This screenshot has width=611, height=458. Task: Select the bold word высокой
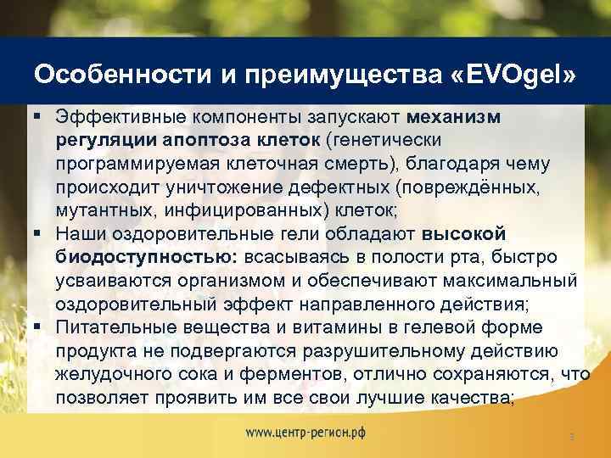[x=463, y=232]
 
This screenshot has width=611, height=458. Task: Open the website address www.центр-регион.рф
[x=305, y=432]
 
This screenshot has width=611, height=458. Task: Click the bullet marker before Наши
[x=39, y=232]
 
